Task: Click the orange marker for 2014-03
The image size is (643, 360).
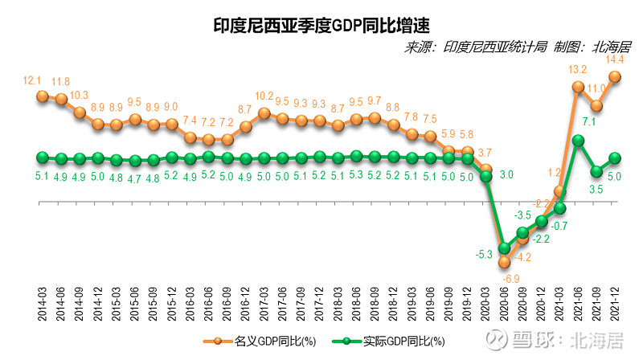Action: pos(43,96)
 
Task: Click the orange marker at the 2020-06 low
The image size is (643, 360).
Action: pos(505,261)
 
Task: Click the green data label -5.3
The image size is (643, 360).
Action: pos(484,255)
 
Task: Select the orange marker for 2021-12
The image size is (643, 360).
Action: pos(616,77)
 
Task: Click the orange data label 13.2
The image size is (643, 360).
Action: pos(578,70)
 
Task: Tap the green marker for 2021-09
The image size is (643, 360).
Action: pos(596,171)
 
